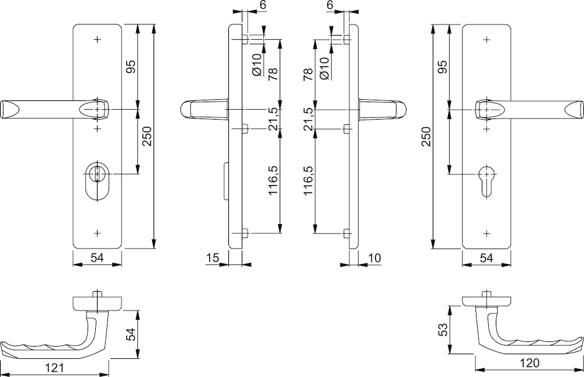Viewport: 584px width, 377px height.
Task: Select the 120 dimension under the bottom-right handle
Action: pos(528,363)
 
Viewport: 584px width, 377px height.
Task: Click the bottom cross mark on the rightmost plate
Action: pos(486,233)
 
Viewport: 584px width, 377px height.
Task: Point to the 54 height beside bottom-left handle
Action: pos(131,334)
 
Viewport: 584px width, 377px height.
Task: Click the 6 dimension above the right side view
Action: pos(331,5)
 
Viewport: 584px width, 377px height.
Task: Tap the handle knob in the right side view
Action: pos(399,109)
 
